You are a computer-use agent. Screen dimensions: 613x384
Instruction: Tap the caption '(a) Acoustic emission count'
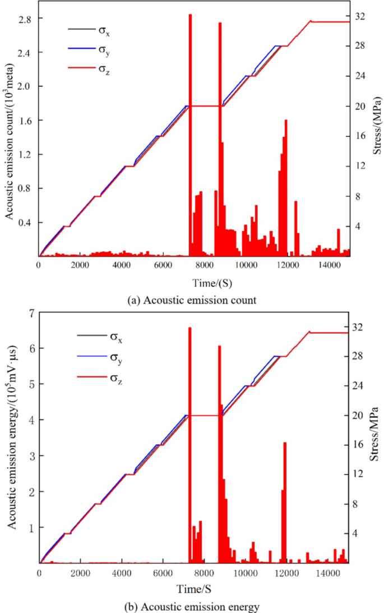click(x=192, y=300)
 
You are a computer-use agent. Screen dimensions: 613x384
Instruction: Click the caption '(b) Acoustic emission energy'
click(x=192, y=606)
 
